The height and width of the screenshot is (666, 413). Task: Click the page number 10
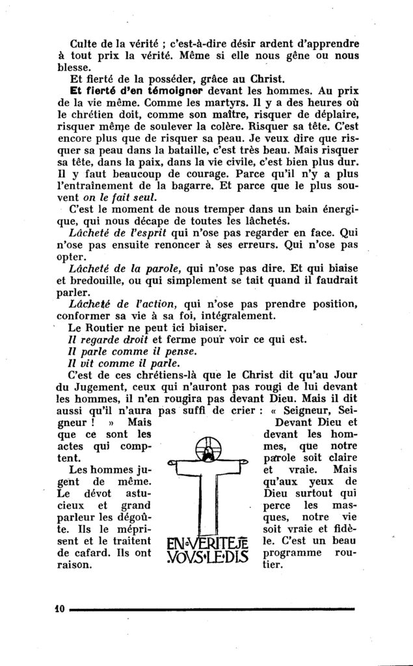pyautogui.click(x=61, y=609)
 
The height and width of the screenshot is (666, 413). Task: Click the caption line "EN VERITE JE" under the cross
pyautogui.click(x=207, y=545)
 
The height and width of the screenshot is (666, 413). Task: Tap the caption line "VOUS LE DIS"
pyautogui.click(x=207, y=558)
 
